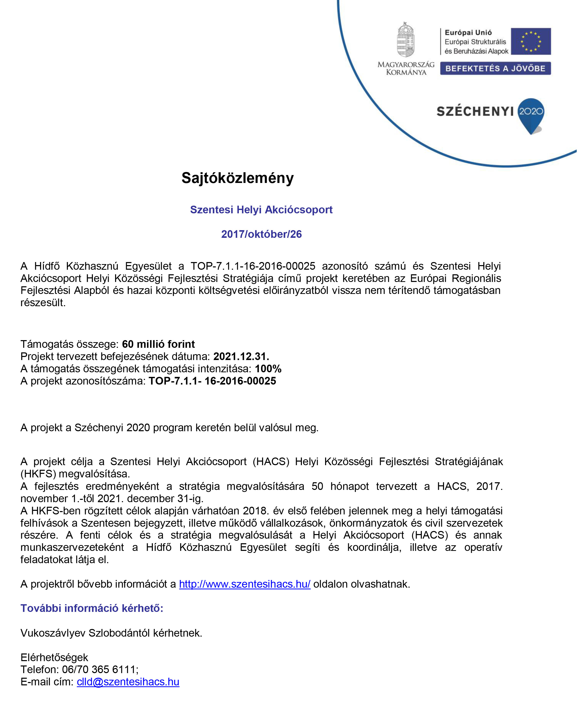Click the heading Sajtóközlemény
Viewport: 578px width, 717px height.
click(237, 178)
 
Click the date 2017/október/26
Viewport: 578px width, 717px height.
click(261, 234)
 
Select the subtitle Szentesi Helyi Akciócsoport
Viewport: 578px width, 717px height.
click(261, 210)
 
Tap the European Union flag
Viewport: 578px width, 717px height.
click(531, 41)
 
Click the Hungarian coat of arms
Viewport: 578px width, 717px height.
click(405, 40)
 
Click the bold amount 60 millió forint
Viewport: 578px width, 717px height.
click(158, 344)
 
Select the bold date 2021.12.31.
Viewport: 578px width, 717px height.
click(241, 356)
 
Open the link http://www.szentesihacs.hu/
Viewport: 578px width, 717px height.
click(245, 584)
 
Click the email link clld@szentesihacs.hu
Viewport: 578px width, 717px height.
click(128, 682)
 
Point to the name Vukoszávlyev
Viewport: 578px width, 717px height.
click(53, 633)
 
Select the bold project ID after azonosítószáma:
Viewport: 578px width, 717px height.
click(212, 381)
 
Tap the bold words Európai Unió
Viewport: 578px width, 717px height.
click(468, 33)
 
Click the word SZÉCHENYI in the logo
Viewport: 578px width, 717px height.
click(475, 112)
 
